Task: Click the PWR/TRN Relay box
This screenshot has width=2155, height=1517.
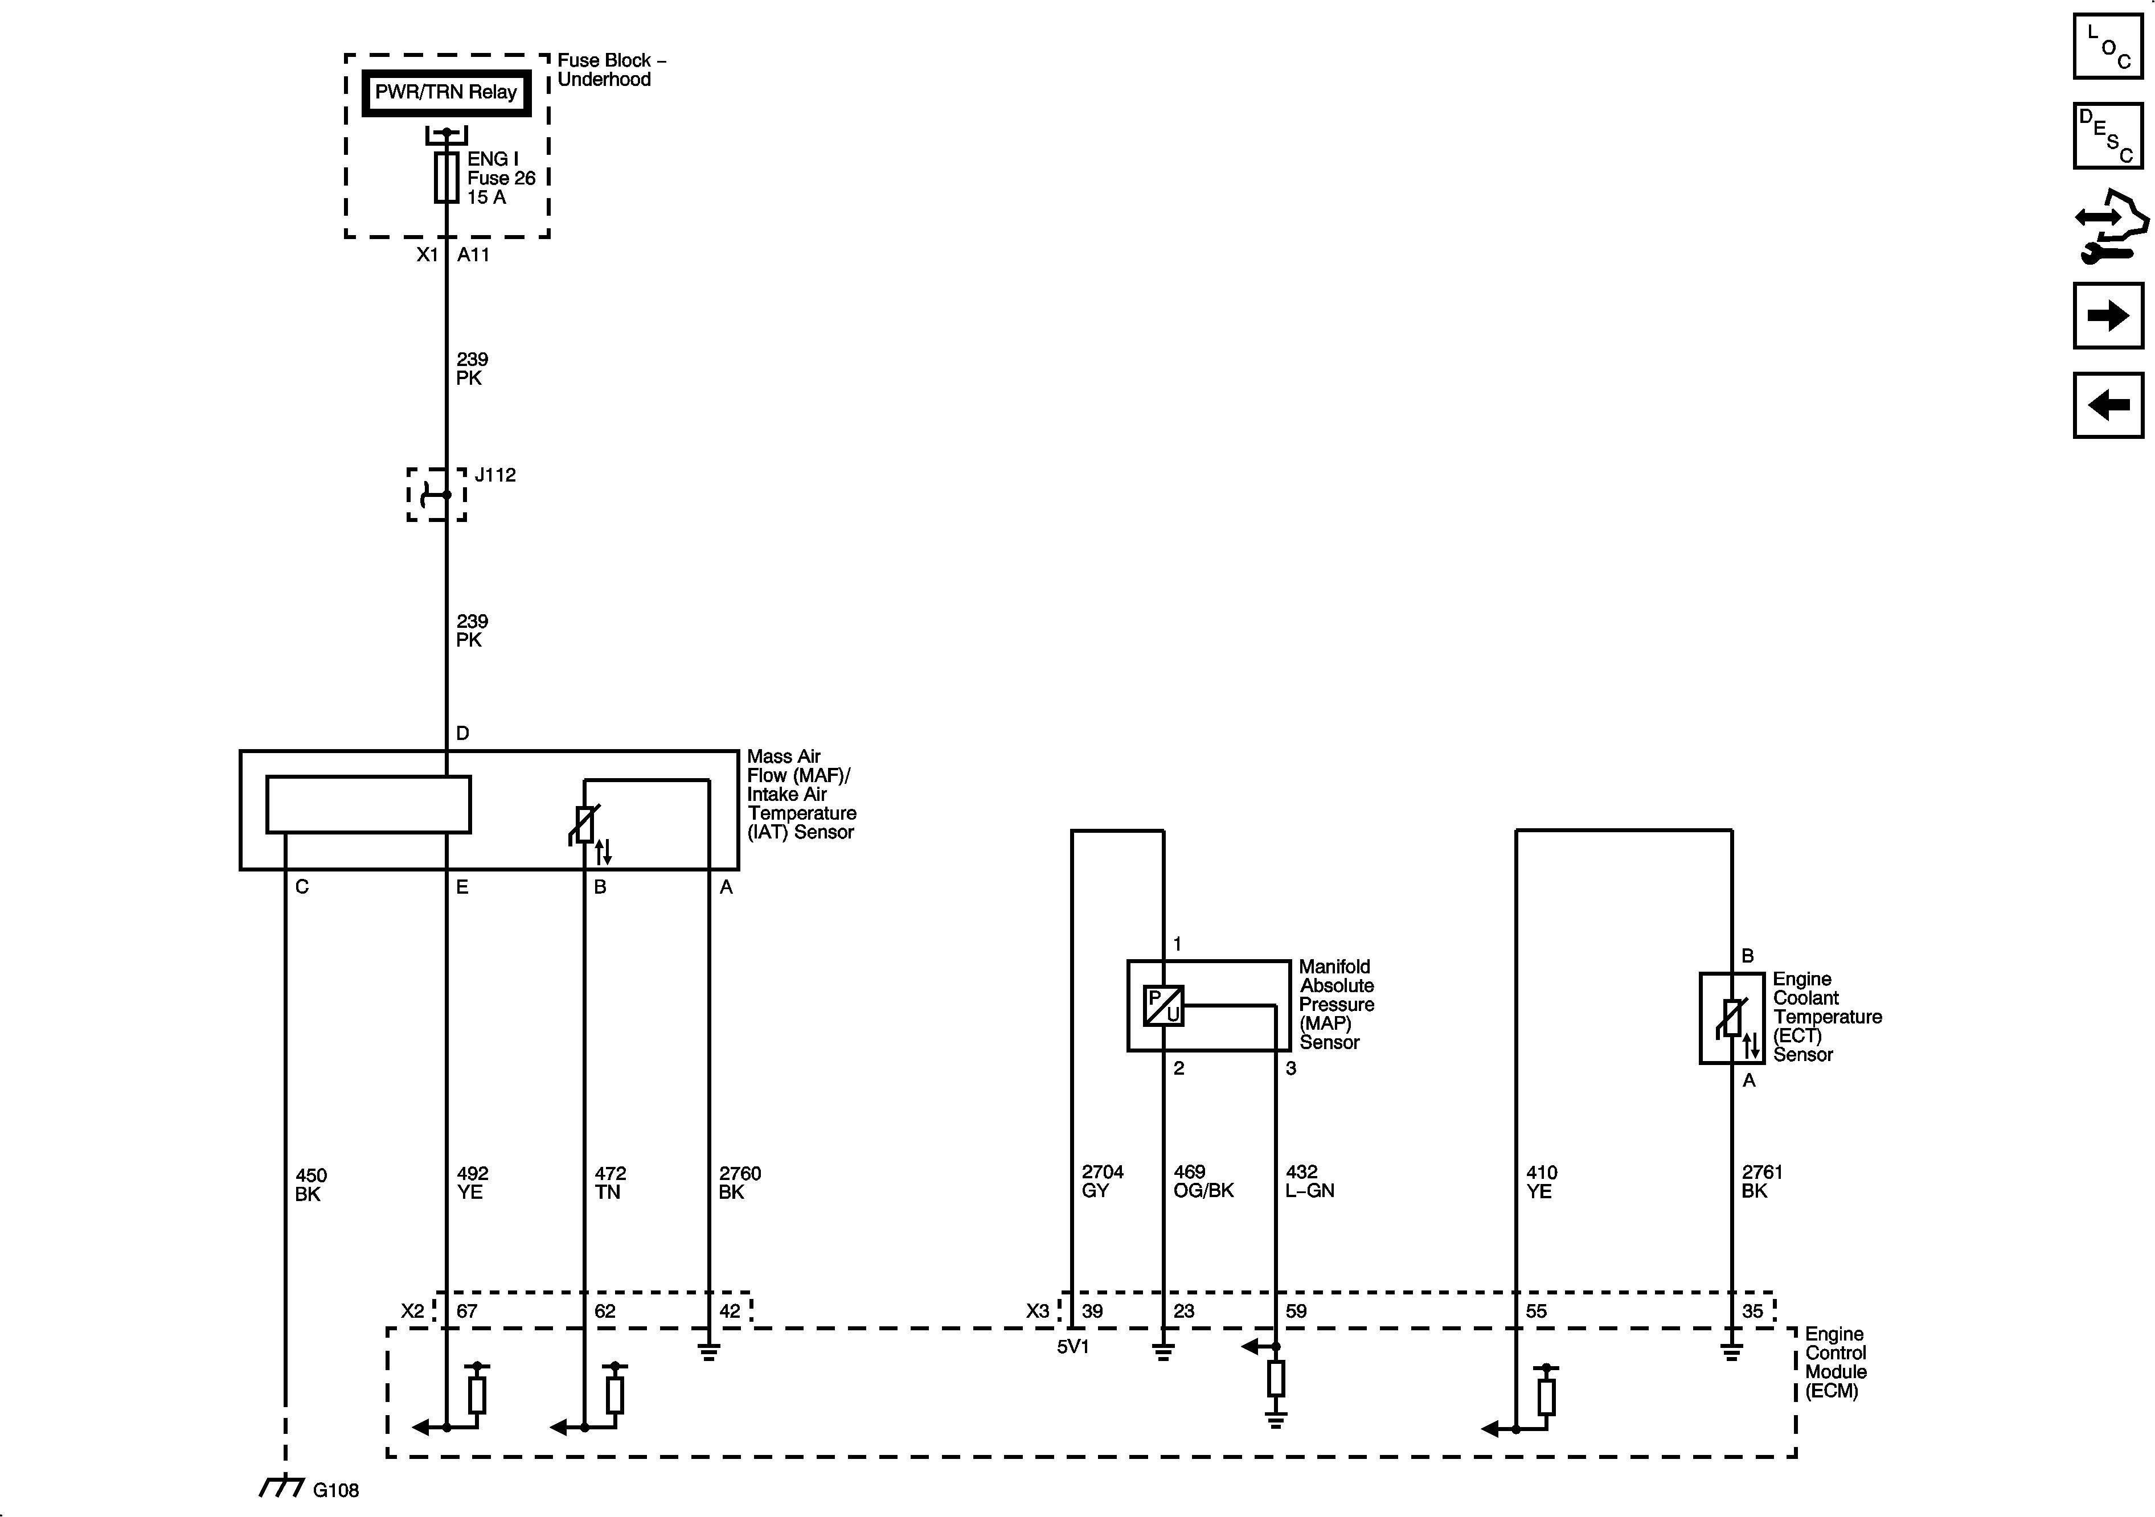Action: pos(446,93)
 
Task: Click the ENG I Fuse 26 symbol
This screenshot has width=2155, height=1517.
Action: pos(446,177)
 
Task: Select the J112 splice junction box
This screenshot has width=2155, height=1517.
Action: pos(436,495)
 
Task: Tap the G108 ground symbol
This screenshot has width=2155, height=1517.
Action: pos(281,1487)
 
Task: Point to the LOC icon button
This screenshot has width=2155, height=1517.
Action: pos(2108,47)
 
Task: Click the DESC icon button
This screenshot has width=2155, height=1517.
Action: pos(2108,136)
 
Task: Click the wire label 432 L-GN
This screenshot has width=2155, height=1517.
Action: pos(1309,1181)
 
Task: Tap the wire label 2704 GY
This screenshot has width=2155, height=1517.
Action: pos(1102,1181)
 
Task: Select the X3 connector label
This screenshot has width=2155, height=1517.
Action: pos(1037,1310)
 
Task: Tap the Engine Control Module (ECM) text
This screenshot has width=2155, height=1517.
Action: pos(1836,1362)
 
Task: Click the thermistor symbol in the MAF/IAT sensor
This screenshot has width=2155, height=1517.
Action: pos(585,825)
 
